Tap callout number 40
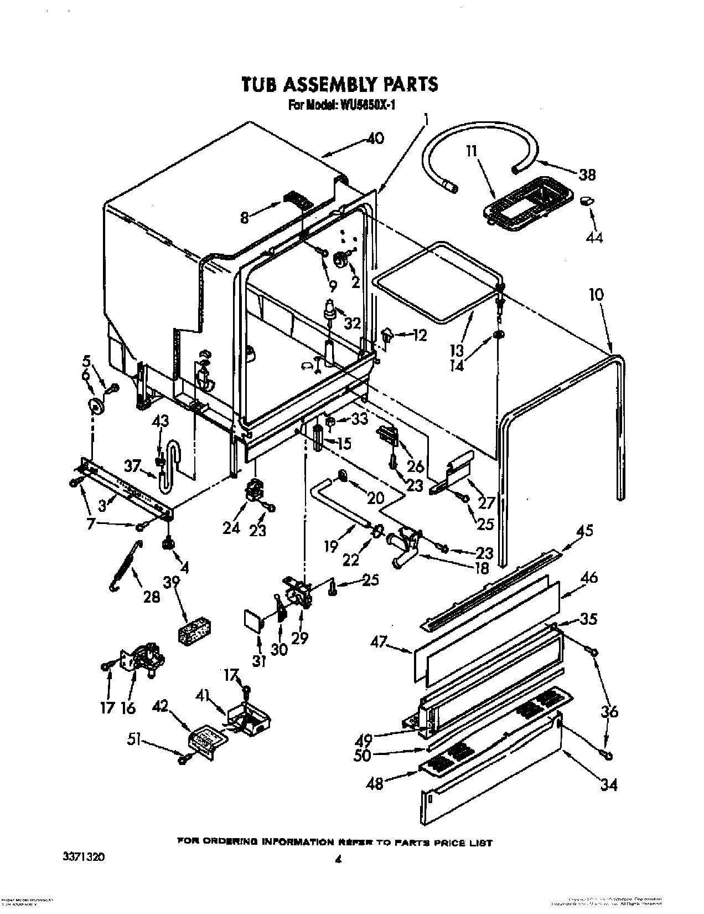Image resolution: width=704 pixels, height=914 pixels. pyautogui.click(x=375, y=138)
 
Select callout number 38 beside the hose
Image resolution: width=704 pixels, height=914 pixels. pyautogui.click(x=587, y=174)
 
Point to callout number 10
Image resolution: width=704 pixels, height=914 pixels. pyautogui.click(x=596, y=294)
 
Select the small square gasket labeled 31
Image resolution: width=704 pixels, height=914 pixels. pyautogui.click(x=253, y=620)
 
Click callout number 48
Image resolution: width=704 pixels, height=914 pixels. pyautogui.click(x=375, y=783)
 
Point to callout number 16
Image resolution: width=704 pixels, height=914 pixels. pyautogui.click(x=128, y=707)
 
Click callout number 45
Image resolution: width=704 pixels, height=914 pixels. pyautogui.click(x=584, y=531)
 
